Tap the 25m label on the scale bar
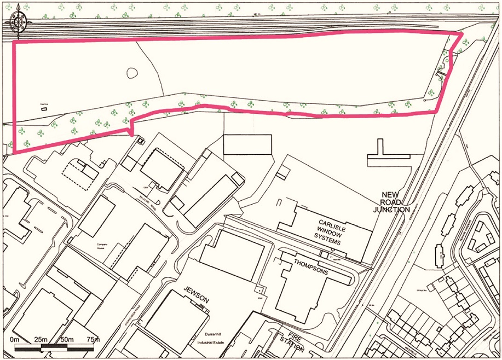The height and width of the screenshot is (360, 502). pos(41,340)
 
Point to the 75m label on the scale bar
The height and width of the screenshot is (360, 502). pos(93,340)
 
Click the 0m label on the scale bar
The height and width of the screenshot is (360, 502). pos(15,340)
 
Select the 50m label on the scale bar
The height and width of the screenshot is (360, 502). pos(67,340)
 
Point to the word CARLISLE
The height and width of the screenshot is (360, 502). pos(334,223)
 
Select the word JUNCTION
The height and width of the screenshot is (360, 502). pos(391,210)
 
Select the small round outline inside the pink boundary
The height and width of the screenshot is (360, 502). pos(132,72)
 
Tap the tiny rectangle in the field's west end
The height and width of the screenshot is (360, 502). pos(44,109)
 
